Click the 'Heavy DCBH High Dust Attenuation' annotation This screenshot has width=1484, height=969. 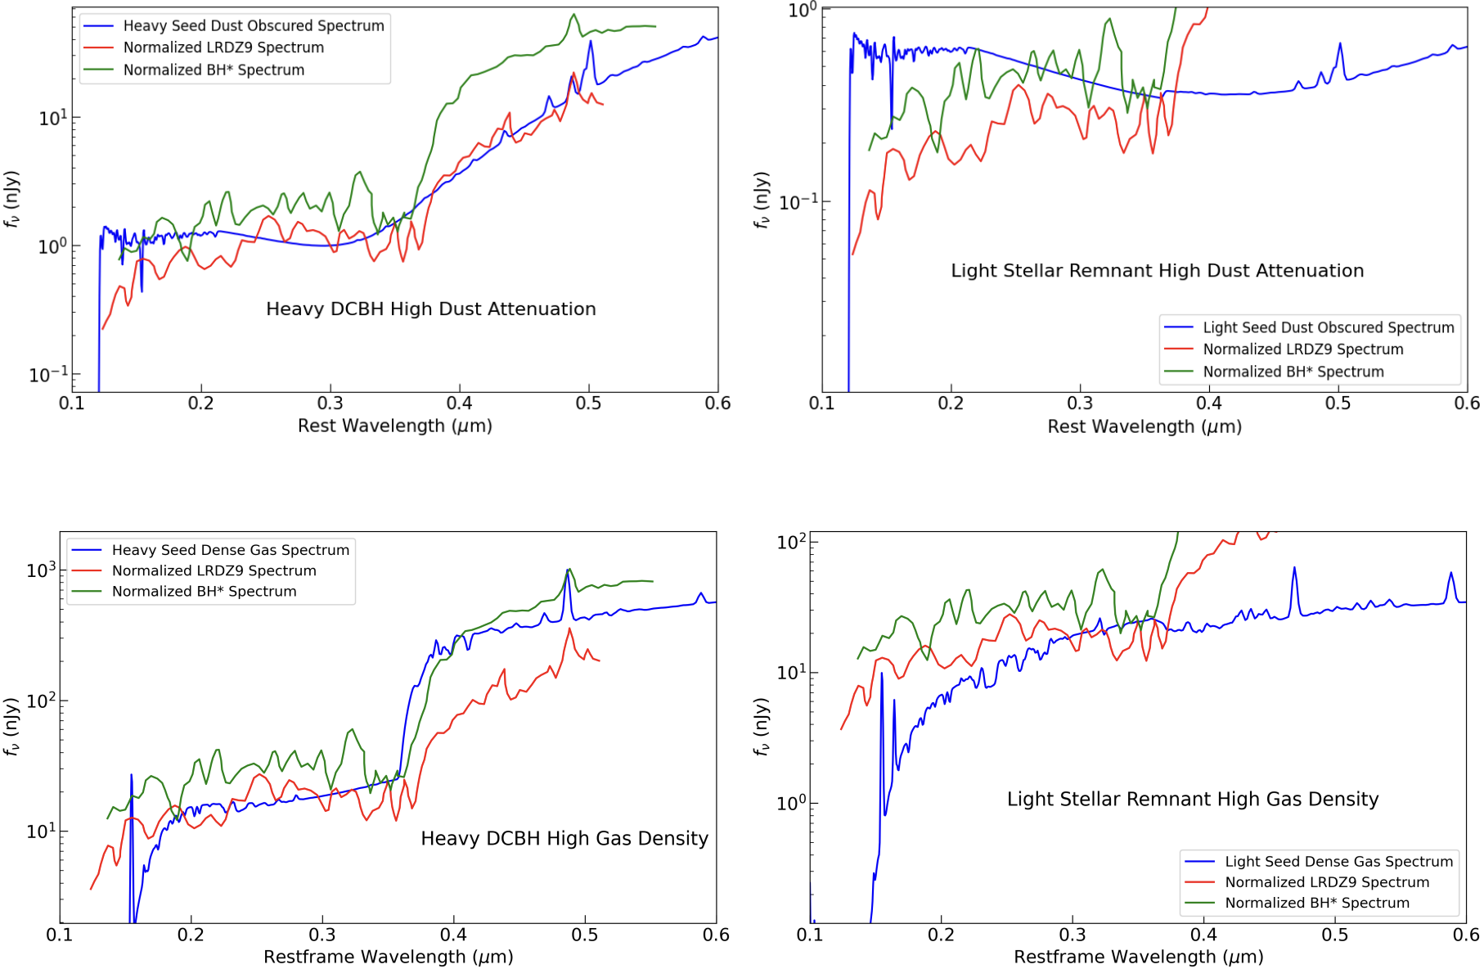[430, 309]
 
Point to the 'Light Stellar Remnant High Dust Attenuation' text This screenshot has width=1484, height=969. [1157, 271]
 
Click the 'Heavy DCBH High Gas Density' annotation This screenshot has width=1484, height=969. [564, 838]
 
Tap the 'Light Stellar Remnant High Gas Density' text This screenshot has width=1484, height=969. [1192, 799]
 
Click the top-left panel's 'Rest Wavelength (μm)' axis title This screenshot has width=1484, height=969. [394, 426]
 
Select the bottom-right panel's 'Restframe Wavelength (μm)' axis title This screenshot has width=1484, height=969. [1138, 957]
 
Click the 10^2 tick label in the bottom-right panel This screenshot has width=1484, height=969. [791, 542]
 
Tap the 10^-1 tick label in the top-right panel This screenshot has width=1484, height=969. [798, 202]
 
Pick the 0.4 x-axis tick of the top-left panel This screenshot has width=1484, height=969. [459, 403]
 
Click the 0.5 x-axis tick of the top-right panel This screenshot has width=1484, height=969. [1338, 403]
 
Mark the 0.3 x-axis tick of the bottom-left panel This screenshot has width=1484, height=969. [322, 935]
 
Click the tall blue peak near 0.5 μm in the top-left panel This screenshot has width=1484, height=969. [591, 43]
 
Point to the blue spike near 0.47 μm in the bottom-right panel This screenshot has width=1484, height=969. [1293, 569]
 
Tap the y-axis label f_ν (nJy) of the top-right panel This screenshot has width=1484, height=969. [762, 200]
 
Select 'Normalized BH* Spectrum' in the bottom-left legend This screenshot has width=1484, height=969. [204, 592]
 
